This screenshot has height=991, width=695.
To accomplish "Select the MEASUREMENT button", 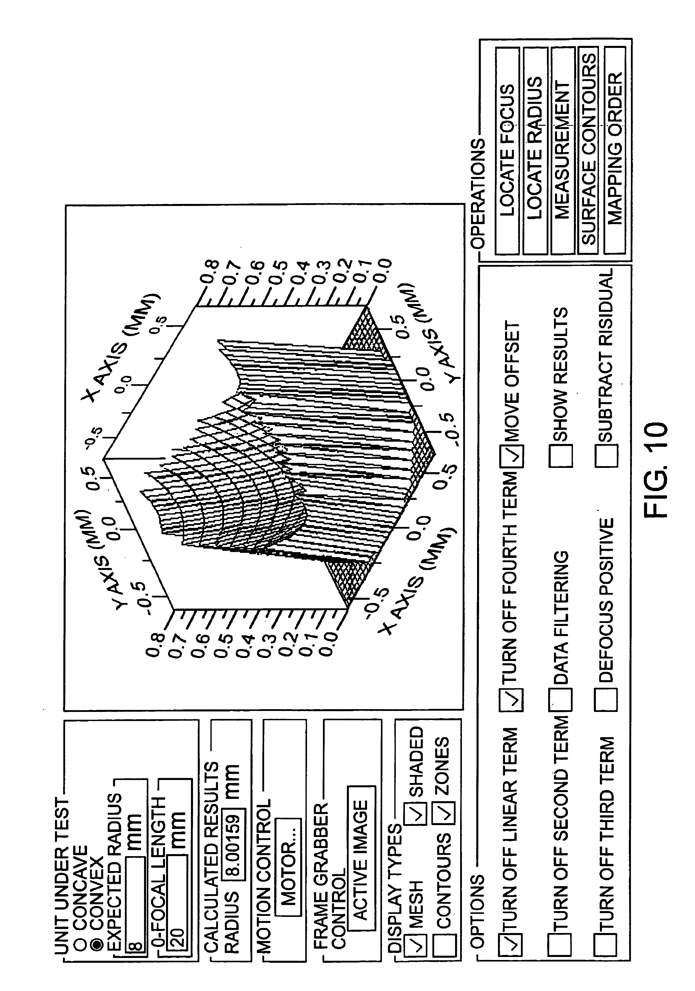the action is (562, 151).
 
